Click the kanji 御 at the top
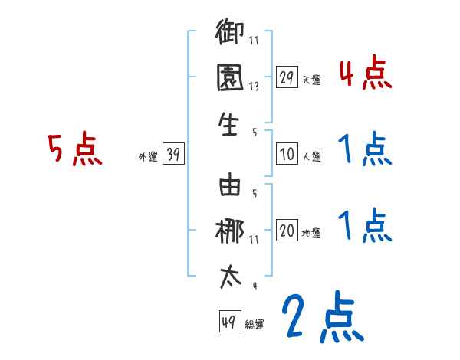[x=230, y=35]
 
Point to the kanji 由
[x=230, y=185]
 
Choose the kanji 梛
[x=230, y=231]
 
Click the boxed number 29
[x=287, y=77]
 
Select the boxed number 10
[x=287, y=154]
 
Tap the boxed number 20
[x=287, y=231]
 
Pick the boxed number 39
[x=173, y=155]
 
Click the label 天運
[x=311, y=79]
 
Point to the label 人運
[x=311, y=156]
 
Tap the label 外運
[x=148, y=157]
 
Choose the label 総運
[x=255, y=323]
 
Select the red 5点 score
[x=74, y=149]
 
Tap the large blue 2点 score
[x=322, y=316]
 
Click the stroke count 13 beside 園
[x=253, y=86]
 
